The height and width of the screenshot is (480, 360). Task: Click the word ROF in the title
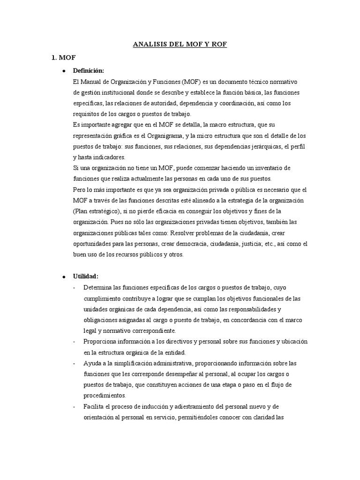[218, 45]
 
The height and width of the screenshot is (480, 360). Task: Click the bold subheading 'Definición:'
[89, 71]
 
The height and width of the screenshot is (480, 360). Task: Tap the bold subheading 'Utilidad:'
[85, 276]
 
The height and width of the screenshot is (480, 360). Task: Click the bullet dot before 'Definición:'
[64, 71]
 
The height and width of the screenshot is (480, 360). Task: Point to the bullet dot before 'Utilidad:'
[64, 277]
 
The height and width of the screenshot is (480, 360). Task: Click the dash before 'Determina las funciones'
[75, 287]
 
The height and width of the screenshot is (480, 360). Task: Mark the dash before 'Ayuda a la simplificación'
[75, 363]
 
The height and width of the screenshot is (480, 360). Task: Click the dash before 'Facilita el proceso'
[75, 406]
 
